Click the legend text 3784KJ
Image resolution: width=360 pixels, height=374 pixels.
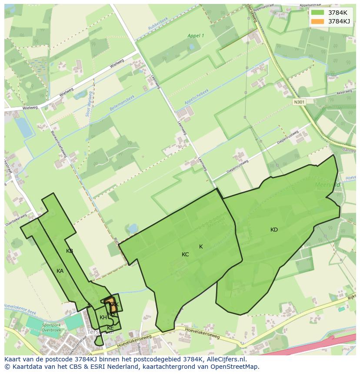pyautogui.click(x=339, y=21)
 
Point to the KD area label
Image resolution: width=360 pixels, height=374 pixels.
pyautogui.click(x=274, y=230)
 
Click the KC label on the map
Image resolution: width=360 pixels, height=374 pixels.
pyautogui.click(x=185, y=255)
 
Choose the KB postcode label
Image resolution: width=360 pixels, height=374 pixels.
pyautogui.click(x=70, y=251)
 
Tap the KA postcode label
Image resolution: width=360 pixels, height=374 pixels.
pyautogui.click(x=60, y=271)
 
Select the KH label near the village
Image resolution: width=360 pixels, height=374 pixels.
pyautogui.click(x=103, y=318)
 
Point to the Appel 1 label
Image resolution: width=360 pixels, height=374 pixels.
pyautogui.click(x=195, y=36)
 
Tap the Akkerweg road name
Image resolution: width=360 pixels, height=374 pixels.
pyautogui.click(x=344, y=93)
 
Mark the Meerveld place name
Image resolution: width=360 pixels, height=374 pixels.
pyautogui.click(x=327, y=185)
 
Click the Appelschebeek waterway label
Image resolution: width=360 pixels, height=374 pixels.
pyautogui.click(x=197, y=96)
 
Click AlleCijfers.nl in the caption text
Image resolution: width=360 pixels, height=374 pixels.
pyautogui.click(x=225, y=359)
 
